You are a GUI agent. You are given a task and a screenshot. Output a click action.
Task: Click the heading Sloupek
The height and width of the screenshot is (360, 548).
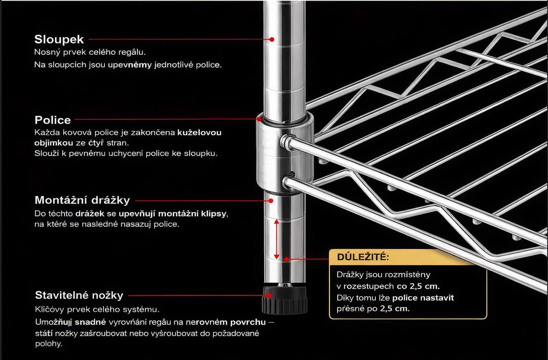point(59,40)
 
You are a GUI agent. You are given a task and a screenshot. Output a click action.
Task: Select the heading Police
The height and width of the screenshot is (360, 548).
point(53,120)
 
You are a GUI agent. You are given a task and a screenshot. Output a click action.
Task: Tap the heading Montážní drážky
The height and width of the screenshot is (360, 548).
point(82,200)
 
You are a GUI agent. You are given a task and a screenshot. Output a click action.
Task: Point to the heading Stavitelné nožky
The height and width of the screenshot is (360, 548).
point(79,295)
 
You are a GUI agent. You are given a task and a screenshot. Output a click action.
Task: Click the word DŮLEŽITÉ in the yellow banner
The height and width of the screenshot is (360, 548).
point(363,257)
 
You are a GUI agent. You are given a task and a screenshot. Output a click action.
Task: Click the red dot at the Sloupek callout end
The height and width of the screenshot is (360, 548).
point(272,39)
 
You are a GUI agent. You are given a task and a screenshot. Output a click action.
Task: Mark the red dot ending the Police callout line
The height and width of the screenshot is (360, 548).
point(259,119)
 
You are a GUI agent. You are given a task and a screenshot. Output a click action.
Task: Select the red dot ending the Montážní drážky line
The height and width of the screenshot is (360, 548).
point(271,201)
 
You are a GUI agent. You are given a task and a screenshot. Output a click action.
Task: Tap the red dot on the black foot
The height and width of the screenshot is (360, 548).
point(269,295)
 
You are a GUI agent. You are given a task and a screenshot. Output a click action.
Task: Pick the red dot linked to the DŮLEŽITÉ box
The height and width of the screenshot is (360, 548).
point(286,259)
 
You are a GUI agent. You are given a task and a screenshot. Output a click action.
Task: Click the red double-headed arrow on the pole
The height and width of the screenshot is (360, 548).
point(276,239)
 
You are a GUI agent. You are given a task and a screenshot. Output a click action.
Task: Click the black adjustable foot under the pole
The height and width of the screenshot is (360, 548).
point(285,300)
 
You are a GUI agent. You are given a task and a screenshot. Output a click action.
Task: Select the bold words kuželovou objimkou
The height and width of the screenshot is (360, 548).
point(128,138)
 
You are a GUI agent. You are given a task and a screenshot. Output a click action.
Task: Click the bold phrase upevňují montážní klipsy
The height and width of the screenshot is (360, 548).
point(172,214)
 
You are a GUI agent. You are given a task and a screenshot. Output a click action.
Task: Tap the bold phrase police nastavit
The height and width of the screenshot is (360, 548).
point(423,298)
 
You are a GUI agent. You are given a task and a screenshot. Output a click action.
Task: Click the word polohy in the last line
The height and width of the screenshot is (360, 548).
point(48,344)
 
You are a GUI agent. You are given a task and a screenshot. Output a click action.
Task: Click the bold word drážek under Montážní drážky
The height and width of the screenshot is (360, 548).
point(90,214)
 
